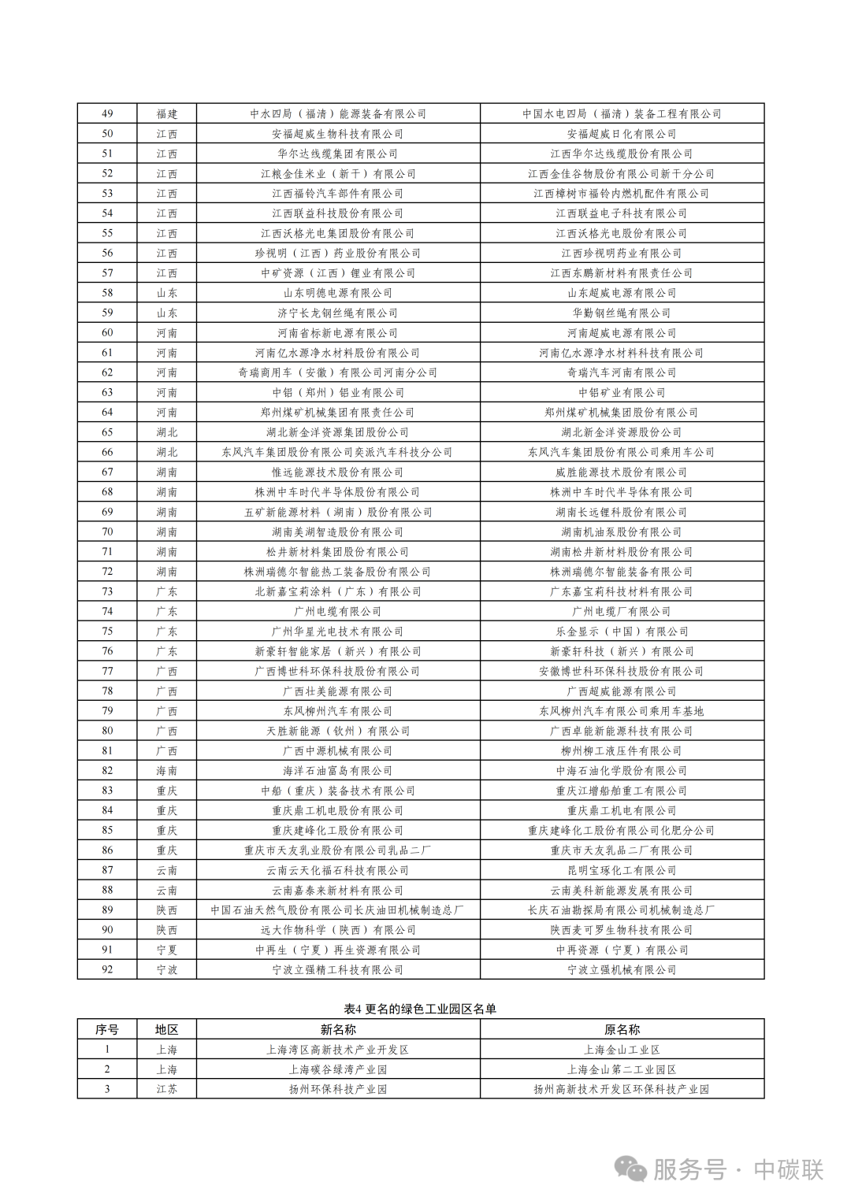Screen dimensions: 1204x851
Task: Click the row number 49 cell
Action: point(107,113)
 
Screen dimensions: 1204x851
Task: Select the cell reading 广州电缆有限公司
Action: point(337,611)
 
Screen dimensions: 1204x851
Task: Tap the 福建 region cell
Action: point(166,113)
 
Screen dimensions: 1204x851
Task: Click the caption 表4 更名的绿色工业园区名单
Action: point(420,1009)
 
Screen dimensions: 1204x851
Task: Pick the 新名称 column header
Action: point(337,1029)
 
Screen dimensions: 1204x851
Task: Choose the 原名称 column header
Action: point(622,1029)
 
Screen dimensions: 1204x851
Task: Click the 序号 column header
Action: point(107,1029)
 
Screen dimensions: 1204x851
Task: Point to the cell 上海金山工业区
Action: point(622,1050)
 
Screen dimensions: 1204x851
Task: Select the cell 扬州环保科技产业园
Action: point(337,1089)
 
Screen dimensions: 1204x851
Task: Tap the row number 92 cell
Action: point(107,969)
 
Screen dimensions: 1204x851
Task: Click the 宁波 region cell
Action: point(166,969)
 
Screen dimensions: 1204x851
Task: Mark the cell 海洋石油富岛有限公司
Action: point(337,770)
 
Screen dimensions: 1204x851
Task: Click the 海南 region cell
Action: point(166,770)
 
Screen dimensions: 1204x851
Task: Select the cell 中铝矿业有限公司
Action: point(622,392)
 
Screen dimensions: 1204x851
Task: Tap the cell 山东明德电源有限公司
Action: point(337,293)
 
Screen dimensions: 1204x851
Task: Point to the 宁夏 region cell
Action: point(166,950)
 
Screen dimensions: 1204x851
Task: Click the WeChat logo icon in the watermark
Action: point(631,1169)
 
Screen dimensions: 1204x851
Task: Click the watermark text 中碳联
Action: point(788,1169)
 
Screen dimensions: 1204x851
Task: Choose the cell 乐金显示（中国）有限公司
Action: point(622,631)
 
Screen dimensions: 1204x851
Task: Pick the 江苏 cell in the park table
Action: point(166,1089)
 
